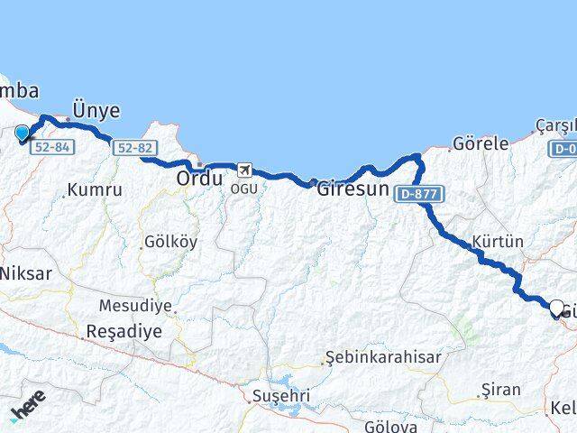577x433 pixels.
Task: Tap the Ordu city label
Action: tap(199, 179)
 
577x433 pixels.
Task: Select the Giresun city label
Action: tap(353, 190)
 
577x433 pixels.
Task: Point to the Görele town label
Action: tap(481, 143)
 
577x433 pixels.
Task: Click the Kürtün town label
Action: tap(497, 242)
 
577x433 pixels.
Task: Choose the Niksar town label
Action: tap(26, 272)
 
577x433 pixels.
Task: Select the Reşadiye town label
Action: tap(124, 331)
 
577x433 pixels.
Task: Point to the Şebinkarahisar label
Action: tap(384, 357)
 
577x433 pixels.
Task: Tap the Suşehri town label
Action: tap(281, 395)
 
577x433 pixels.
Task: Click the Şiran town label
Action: tap(501, 391)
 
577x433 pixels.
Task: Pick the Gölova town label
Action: tap(390, 426)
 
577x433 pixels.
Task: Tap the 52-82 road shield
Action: tap(135, 148)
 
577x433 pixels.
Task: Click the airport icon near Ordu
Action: tap(243, 169)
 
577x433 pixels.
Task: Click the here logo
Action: tap(28, 411)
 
